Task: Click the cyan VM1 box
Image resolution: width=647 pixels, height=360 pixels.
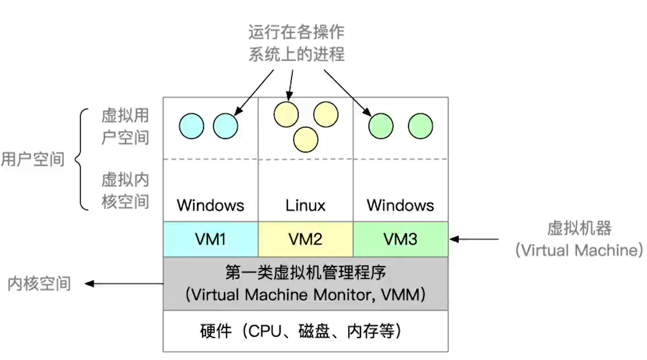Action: click(210, 239)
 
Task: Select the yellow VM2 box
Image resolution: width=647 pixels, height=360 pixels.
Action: click(305, 239)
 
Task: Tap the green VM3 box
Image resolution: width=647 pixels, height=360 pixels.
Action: click(400, 239)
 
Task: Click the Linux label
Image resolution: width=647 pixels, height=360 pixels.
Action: click(305, 206)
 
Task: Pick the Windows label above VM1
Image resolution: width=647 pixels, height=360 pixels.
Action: click(210, 206)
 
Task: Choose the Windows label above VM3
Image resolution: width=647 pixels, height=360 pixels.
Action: click(400, 206)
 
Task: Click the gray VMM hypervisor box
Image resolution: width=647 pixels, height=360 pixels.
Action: click(305, 284)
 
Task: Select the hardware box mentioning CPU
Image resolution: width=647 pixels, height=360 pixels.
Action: click(305, 331)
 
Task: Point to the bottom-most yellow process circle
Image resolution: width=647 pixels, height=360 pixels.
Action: click(306, 139)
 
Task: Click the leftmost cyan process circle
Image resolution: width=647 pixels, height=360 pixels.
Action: click(191, 126)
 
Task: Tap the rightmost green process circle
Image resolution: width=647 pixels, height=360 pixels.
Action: click(421, 126)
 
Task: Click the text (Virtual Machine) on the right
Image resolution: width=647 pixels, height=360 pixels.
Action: click(579, 250)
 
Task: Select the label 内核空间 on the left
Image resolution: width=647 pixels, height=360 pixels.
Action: click(39, 284)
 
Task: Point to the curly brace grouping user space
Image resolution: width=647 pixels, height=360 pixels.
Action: click(81, 159)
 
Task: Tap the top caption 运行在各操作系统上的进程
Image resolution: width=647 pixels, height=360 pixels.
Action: click(296, 43)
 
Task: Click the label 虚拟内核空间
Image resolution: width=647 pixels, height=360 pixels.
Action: click(125, 191)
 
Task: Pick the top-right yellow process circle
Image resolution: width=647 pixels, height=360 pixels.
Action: click(326, 114)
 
